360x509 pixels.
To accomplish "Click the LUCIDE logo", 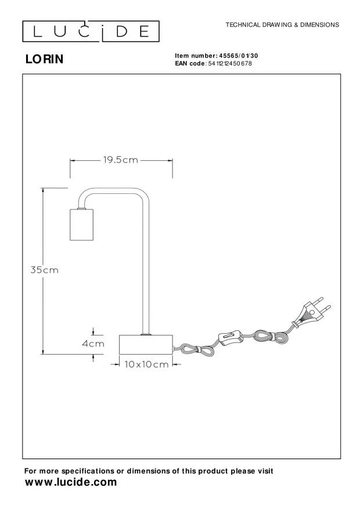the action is pos(91,31).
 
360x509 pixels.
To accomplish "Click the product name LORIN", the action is pos(45,59).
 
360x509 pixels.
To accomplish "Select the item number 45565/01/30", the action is pos(239,56).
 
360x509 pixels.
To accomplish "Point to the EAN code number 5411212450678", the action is pos(230,63).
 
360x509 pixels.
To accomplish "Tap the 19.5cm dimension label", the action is pos(121,160).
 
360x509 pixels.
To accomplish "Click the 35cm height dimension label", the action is pos(45,270).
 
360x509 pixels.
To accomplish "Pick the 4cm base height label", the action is pos(93,344).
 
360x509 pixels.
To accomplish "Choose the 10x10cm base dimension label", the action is pos(146,364).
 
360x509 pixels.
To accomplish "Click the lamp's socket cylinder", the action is pos(81,224).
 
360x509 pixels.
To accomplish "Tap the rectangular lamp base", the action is pos(146,344).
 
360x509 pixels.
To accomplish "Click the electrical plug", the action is pos(312,313).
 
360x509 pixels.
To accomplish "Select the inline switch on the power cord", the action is pos(231,337).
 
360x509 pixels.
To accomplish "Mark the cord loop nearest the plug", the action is pos(271,336).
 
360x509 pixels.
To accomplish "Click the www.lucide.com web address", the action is pos(71,482).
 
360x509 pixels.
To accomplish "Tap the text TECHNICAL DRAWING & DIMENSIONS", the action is pos(282,25).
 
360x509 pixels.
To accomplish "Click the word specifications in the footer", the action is pos(88,471).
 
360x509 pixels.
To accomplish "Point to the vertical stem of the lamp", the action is pos(146,266).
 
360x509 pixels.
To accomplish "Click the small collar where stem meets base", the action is pos(146,334).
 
